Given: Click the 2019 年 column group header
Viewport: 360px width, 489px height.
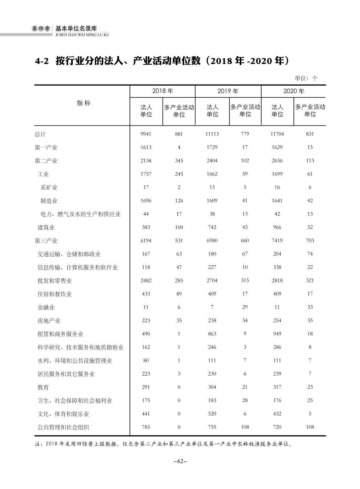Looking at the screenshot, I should pos(228,91).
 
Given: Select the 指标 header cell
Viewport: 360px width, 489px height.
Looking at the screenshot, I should pos(83,103).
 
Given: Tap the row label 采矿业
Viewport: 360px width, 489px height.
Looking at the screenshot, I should pos(49,187).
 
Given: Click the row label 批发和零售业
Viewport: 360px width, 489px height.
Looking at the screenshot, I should pos(55,281).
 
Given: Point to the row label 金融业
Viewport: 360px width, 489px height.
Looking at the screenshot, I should pos(46,307).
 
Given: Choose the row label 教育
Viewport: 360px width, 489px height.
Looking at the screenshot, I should pos(43,387).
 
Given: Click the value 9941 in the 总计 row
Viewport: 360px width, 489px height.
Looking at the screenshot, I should pos(146,134).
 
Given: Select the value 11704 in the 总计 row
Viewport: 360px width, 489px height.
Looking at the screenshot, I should pos(277,134).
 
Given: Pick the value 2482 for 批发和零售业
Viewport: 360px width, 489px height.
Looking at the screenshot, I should pos(146,281).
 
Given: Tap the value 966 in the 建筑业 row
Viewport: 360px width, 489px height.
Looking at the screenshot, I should pos(277,227).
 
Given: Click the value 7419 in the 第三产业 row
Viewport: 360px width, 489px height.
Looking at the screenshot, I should pos(277,240).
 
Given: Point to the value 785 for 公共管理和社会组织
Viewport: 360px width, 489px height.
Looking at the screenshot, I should pos(146,427).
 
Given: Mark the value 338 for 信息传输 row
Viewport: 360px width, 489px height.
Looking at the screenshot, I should pos(277,267).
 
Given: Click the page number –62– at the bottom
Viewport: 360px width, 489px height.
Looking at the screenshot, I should pos(180,461).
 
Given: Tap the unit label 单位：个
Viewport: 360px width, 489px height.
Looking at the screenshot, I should pos(306,78).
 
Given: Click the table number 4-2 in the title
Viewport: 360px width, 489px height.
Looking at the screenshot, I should pos(42,61).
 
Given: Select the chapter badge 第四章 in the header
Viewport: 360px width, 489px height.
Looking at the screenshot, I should pos(41,29).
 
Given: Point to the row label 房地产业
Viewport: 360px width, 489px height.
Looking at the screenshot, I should pos(49,321).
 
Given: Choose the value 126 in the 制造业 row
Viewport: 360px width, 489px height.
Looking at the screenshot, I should pos(179,201).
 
